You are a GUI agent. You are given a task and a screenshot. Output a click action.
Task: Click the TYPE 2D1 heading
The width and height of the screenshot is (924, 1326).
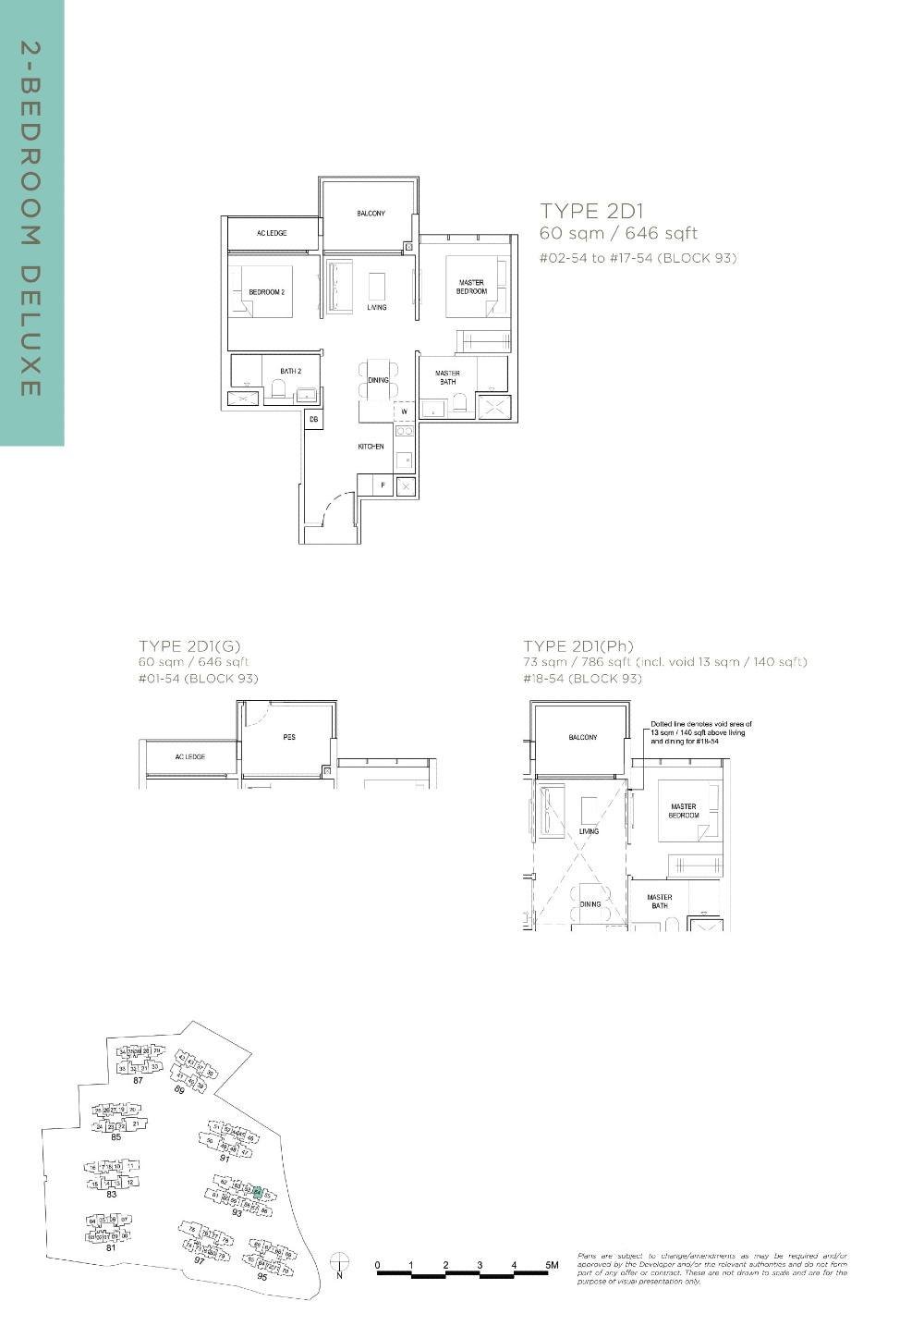coord(591,211)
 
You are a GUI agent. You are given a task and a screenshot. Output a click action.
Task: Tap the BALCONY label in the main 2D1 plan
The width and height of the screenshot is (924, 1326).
coord(371,214)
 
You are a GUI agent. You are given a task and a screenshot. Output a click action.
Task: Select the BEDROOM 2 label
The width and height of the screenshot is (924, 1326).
coord(266,292)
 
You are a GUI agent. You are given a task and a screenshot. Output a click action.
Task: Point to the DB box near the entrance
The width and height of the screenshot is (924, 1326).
coord(313,420)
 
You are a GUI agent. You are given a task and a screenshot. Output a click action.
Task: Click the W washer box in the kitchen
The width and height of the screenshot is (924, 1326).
coord(404,411)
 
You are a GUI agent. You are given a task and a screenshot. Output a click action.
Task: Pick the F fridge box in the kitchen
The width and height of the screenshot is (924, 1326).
coord(383,485)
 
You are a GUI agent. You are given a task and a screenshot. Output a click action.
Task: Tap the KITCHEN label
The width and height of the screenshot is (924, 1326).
coord(371,447)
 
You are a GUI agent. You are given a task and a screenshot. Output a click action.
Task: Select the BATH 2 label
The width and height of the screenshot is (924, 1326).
coord(291,372)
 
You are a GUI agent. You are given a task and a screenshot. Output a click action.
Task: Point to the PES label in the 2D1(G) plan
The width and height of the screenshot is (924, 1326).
coord(288,737)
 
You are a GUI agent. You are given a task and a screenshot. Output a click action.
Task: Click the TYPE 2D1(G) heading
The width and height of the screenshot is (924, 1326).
coord(188,645)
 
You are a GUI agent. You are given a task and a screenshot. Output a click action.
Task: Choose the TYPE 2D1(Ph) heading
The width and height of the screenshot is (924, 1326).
coord(578,645)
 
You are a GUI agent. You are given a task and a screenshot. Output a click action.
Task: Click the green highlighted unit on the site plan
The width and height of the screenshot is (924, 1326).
coord(259,1193)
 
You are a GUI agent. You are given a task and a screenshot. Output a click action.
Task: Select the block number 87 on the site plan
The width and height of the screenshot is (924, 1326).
coord(138,1080)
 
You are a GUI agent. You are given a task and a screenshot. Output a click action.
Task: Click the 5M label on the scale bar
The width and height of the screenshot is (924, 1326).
coord(552,1264)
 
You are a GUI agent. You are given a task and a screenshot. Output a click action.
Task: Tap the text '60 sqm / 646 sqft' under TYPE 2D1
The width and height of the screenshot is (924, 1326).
coord(618,233)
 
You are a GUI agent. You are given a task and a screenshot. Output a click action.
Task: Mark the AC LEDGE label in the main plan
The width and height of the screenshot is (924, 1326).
coord(272,233)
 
